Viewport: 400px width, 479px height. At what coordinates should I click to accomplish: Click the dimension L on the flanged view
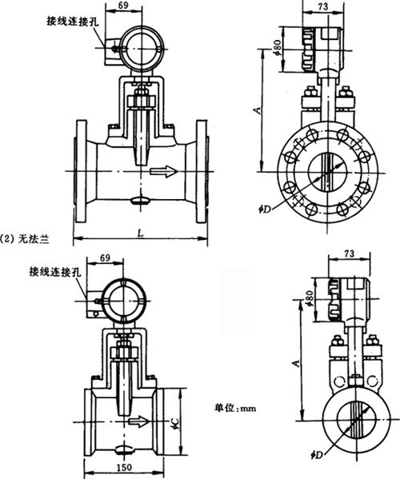click(x=140, y=233)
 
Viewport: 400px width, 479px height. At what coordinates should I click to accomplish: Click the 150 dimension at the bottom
click(x=124, y=467)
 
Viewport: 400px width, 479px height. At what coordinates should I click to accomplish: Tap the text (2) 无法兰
click(x=25, y=239)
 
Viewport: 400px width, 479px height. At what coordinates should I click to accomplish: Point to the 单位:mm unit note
click(x=234, y=408)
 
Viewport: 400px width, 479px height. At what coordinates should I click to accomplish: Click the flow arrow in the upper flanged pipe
click(x=164, y=171)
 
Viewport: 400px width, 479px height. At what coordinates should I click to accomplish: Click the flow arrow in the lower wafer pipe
click(x=138, y=421)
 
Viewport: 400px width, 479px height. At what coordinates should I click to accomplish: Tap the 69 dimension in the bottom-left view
click(x=105, y=257)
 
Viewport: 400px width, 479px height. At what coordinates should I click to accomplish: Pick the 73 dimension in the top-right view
click(x=322, y=6)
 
